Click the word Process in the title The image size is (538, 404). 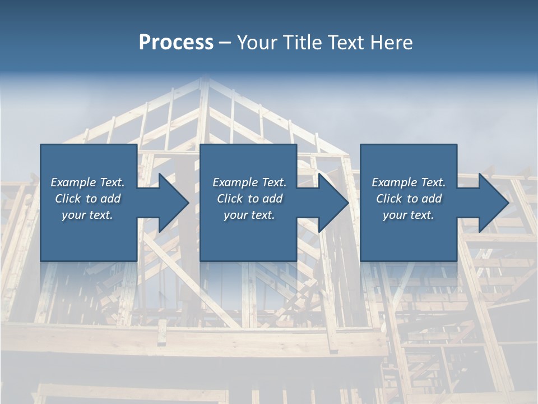click(x=176, y=43)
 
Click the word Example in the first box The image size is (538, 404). click(x=73, y=182)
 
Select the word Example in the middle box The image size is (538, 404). click(x=235, y=182)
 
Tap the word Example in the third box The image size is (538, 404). click(x=394, y=182)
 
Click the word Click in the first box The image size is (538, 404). click(x=68, y=199)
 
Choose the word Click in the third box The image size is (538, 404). click(x=389, y=199)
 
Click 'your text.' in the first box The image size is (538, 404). click(x=87, y=215)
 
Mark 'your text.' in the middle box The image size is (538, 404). click(x=249, y=215)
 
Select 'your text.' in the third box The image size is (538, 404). click(x=409, y=215)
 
